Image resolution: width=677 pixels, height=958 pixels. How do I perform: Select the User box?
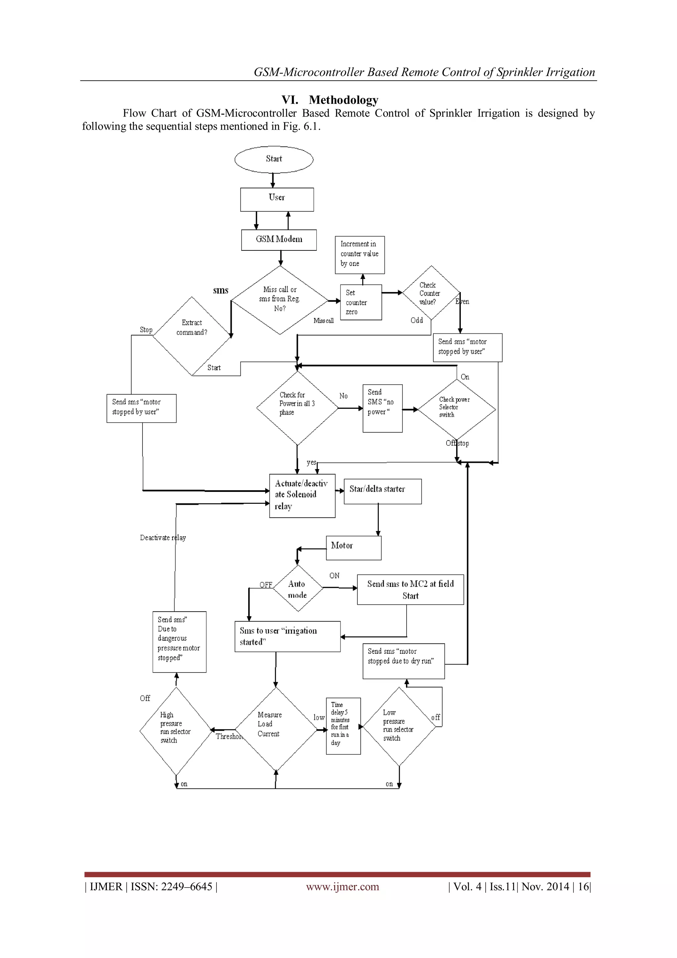pos(277,199)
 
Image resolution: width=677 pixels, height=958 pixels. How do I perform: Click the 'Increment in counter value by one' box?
pos(359,254)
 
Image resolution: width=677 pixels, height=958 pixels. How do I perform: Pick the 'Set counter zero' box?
pos(361,302)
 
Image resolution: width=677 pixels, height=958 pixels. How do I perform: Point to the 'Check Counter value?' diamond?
pos(431,293)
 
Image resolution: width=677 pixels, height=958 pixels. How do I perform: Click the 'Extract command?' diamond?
pos(192,335)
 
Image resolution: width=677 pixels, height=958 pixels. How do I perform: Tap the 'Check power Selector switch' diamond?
pos(457,409)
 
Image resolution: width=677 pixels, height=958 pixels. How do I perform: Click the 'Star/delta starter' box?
pos(382,491)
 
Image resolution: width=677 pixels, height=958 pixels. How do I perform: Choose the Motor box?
pos(353,547)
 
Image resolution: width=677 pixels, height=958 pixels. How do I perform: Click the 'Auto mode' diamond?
pos(298,588)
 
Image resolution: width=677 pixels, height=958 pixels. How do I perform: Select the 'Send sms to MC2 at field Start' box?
pos(410,589)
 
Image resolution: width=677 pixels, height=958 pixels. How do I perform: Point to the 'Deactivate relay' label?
pos(163,538)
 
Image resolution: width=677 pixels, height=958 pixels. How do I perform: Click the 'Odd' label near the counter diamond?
pos(417,320)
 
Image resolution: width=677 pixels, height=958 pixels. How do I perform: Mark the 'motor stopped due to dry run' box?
pos(403,661)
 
